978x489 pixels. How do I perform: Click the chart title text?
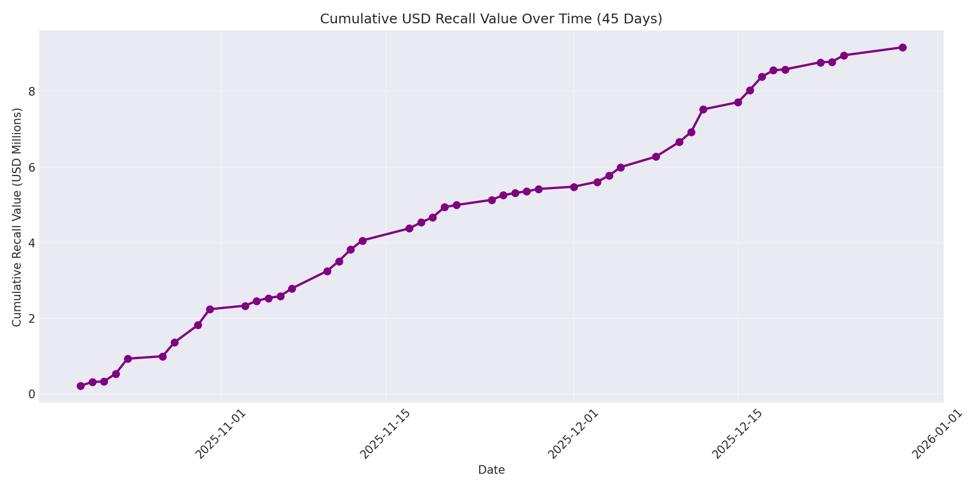(491, 19)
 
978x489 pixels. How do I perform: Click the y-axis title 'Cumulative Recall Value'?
(17, 217)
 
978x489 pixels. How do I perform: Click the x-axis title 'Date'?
(491, 470)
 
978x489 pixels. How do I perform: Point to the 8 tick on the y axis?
(32, 91)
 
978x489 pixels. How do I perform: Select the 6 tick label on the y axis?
(32, 167)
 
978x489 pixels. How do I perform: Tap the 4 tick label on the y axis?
(32, 243)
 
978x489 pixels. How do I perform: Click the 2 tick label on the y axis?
(32, 318)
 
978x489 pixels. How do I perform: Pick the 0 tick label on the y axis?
(32, 394)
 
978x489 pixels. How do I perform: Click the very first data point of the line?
(80, 386)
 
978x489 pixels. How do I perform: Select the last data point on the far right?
(902, 47)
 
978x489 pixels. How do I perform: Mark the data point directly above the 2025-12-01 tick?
(574, 187)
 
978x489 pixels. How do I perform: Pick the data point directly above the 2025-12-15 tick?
(738, 102)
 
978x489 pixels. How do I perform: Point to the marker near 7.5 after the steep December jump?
(703, 109)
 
